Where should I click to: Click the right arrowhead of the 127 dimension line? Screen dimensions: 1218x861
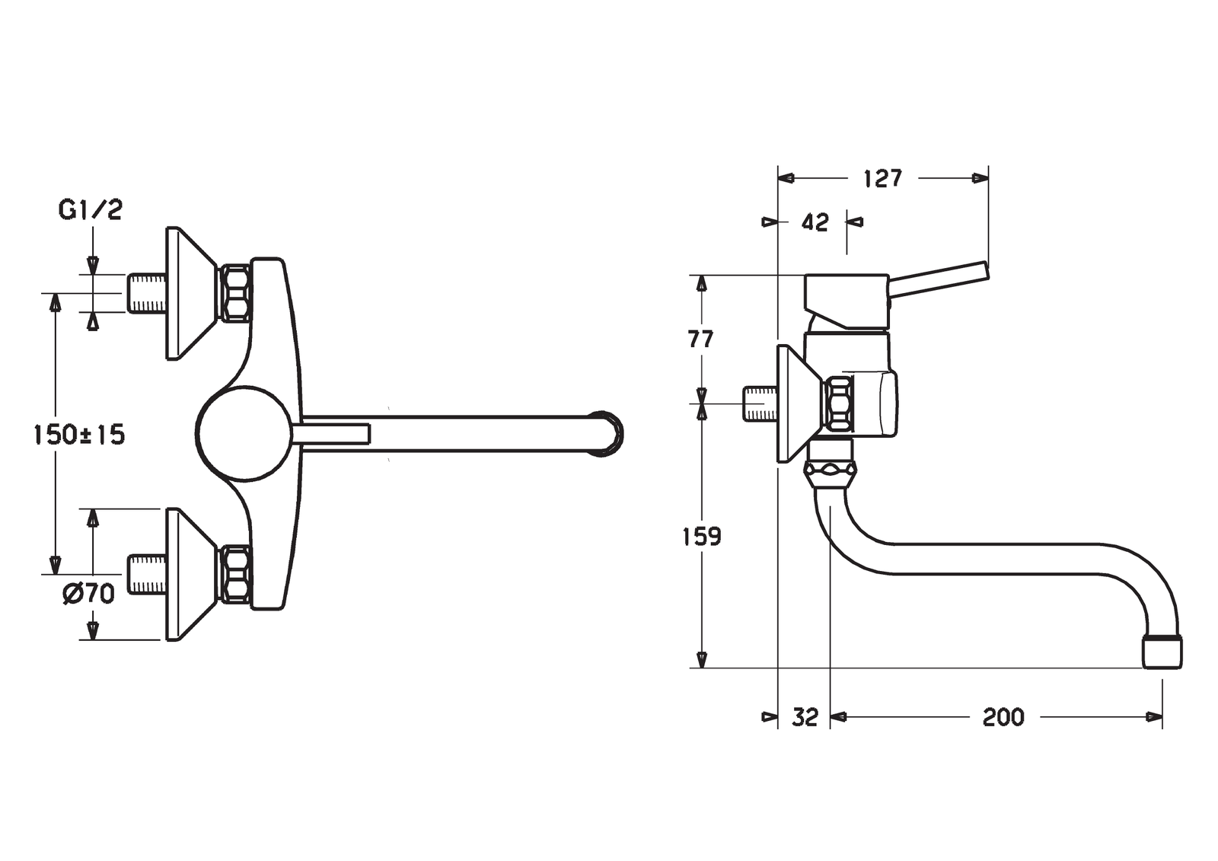(x=980, y=178)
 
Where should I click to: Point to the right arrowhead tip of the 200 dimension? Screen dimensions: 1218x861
(x=1162, y=717)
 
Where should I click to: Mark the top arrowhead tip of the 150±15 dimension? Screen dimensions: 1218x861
(x=54, y=295)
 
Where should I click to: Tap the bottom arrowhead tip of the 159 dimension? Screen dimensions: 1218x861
(x=702, y=668)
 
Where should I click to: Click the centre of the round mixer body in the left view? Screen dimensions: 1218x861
(x=243, y=433)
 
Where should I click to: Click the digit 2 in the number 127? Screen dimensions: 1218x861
(x=883, y=178)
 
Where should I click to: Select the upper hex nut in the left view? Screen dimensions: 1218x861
(x=235, y=293)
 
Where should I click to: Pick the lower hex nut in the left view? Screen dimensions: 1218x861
(x=236, y=574)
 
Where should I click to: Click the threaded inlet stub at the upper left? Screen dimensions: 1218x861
(x=147, y=294)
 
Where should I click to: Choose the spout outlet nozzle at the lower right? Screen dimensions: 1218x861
(x=1163, y=651)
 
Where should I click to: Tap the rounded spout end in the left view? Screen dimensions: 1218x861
(x=610, y=433)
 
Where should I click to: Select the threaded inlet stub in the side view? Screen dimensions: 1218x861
(x=760, y=403)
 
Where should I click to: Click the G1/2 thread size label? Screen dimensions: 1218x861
(x=91, y=209)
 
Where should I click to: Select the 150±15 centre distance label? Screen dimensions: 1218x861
(x=79, y=435)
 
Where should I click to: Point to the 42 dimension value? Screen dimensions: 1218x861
(x=815, y=222)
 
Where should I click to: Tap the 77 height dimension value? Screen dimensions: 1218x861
(x=701, y=340)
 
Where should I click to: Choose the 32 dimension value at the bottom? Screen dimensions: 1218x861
(x=805, y=717)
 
